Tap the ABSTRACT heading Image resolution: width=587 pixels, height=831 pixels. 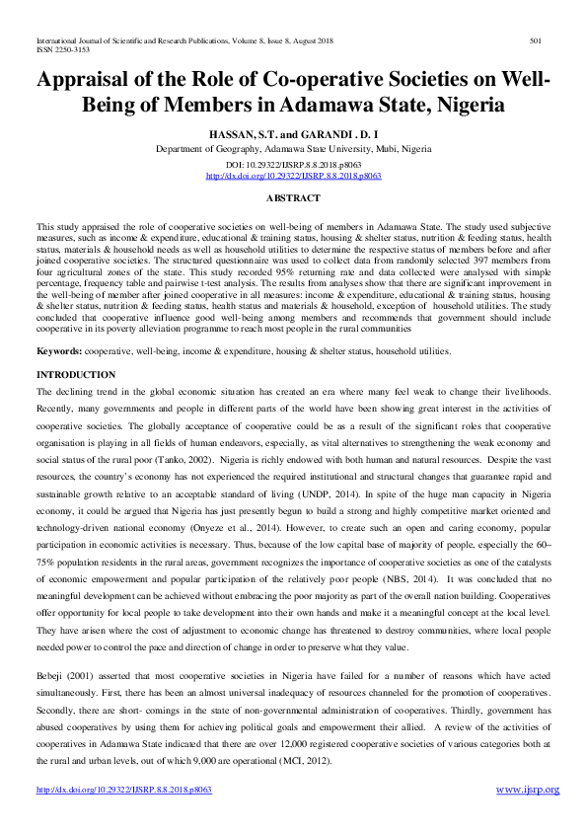[x=293, y=198]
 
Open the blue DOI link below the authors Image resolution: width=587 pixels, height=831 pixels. [x=293, y=176]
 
